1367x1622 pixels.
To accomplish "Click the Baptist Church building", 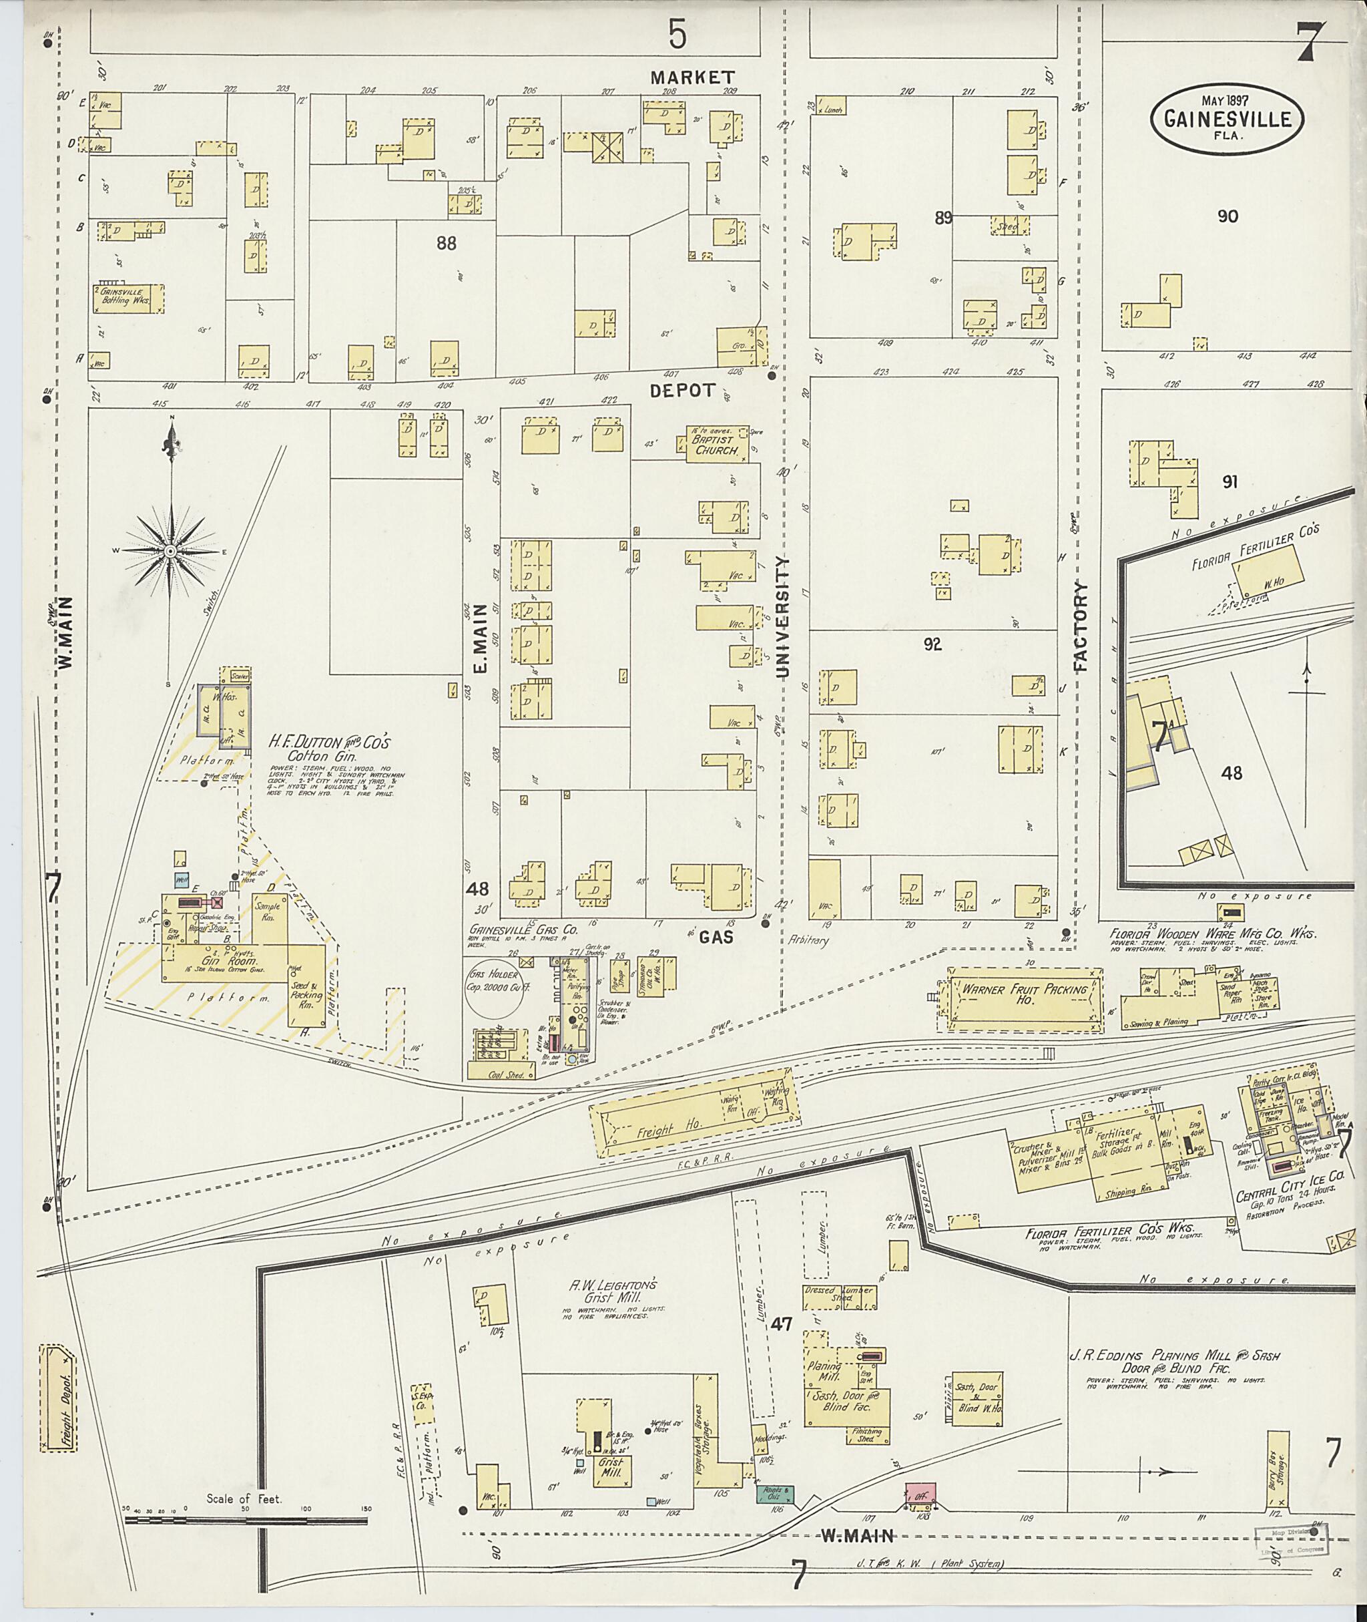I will click(x=717, y=444).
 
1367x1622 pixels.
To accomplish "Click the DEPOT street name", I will click(x=681, y=391).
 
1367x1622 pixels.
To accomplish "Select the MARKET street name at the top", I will click(x=692, y=77).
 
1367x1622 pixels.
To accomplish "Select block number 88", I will click(x=446, y=244).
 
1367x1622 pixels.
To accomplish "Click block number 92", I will click(x=932, y=644).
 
